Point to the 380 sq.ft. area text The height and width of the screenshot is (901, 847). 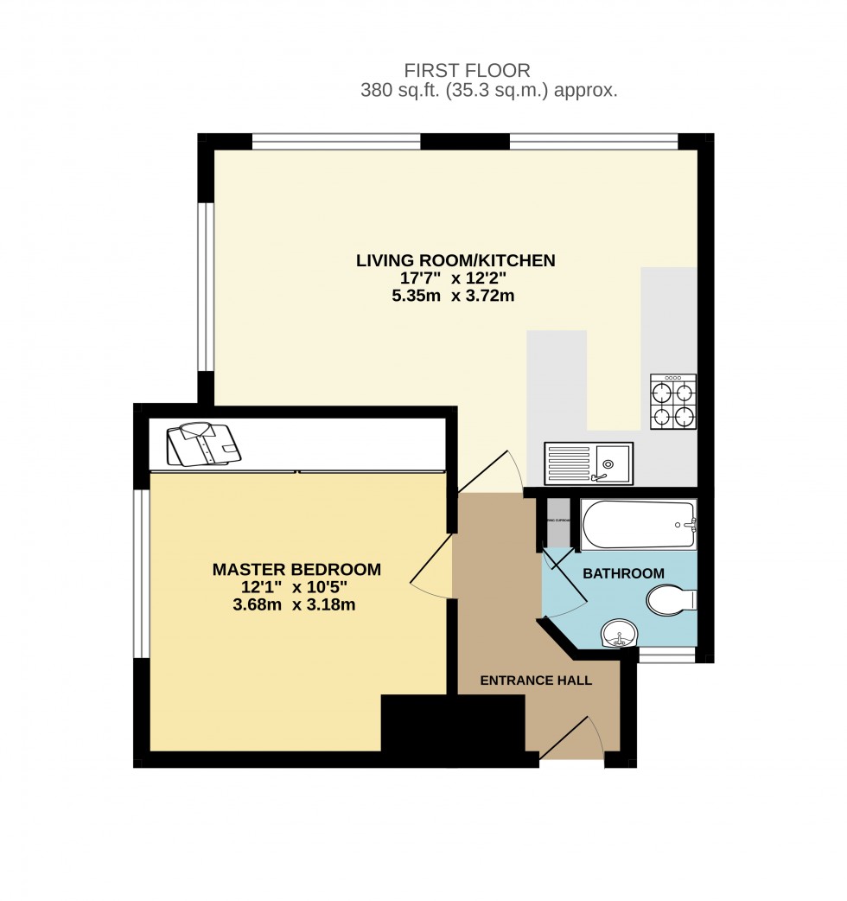tap(488, 91)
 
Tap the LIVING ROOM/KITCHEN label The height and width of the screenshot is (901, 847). tap(455, 260)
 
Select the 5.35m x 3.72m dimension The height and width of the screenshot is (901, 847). tap(455, 296)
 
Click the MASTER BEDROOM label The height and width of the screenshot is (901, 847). tap(296, 570)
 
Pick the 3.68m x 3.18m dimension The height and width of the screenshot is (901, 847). tap(295, 604)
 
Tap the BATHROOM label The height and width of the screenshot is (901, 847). tap(623, 573)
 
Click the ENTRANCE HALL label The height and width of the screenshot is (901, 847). tap(536, 681)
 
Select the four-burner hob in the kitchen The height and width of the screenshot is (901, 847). tap(673, 402)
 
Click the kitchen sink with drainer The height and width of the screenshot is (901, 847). tap(588, 463)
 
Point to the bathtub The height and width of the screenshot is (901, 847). tap(639, 524)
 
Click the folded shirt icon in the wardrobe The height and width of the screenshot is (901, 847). tap(202, 444)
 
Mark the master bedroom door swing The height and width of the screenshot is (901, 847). tap(432, 566)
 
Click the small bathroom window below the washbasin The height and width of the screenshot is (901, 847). tap(666, 656)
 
